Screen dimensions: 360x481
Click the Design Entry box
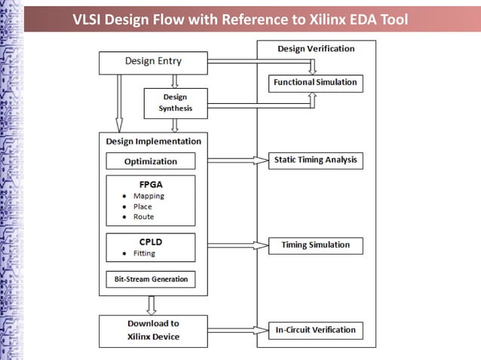(153, 62)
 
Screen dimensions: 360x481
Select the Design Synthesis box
(175, 102)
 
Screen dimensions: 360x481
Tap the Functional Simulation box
(315, 82)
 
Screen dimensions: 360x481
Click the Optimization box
(151, 161)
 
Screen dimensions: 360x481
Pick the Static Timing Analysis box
(315, 160)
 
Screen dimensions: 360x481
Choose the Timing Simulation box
(315, 245)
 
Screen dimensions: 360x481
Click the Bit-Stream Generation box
(151, 279)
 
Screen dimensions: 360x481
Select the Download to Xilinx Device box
(153, 331)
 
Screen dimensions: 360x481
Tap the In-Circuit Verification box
(315, 330)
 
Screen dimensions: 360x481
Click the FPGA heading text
(151, 184)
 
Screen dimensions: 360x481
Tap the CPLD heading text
(151, 242)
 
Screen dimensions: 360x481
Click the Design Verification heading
(315, 49)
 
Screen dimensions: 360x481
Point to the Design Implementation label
(153, 141)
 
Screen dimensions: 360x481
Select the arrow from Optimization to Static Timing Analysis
(237, 160)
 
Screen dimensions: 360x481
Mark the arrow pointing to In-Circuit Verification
(237, 330)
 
